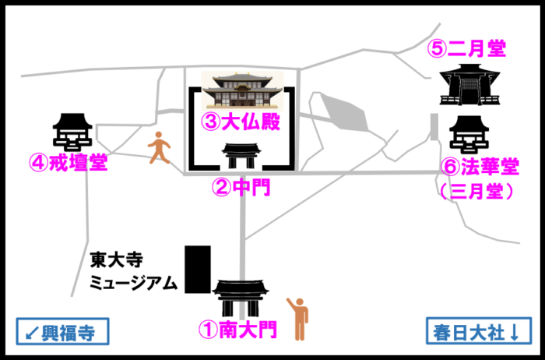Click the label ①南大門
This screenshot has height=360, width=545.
coord(237,330)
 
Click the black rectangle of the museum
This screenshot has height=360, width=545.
coord(197,269)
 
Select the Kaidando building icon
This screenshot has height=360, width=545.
coord(72,132)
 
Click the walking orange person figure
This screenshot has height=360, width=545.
coord(159,147)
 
